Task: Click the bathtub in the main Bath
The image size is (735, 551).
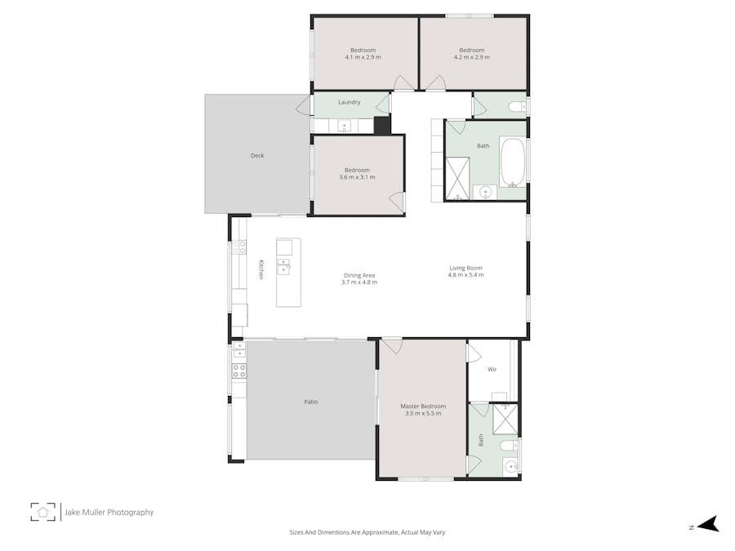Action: pos(512,162)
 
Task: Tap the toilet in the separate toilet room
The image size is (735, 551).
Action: pos(514,107)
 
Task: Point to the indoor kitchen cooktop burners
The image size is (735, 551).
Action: pos(240,247)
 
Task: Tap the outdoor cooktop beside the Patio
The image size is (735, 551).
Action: pos(239,371)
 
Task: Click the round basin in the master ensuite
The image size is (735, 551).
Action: pos(510,467)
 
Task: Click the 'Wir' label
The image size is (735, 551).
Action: pos(492,370)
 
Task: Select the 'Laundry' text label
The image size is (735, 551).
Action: pos(350,103)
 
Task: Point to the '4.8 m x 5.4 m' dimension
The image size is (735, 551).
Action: pos(465,275)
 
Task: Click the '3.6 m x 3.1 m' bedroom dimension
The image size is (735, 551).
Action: pos(357,177)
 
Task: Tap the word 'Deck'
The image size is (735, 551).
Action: pos(257,155)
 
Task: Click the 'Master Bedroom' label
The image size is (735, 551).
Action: pos(423,406)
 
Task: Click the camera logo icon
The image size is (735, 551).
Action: pos(43,512)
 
